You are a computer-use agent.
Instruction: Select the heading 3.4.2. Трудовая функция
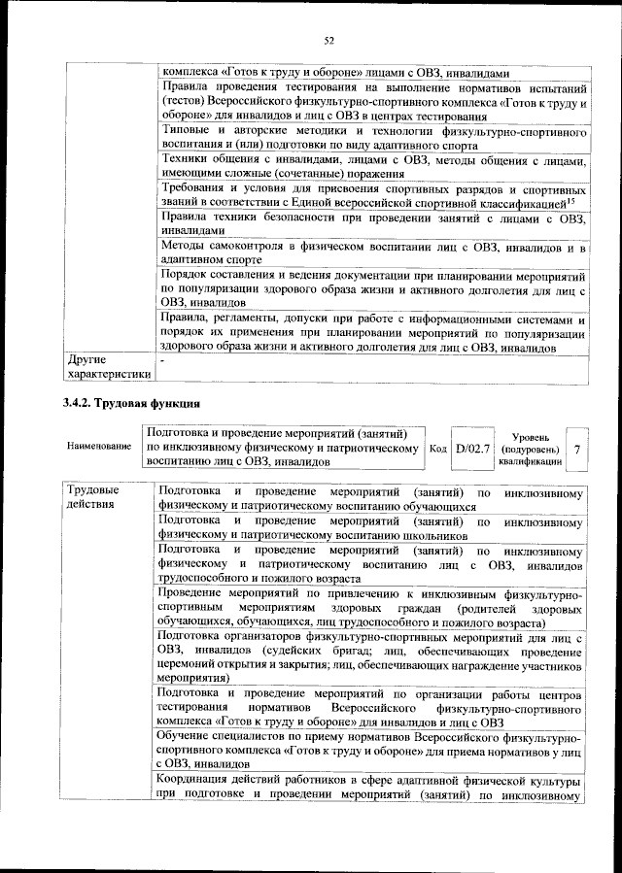tap(131, 401)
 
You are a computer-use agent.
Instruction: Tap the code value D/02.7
tap(475, 450)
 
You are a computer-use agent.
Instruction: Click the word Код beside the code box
tap(437, 450)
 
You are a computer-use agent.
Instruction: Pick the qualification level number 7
tap(577, 450)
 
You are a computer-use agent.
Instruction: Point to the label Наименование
tap(99, 446)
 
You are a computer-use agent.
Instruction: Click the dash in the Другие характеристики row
tap(163, 361)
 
